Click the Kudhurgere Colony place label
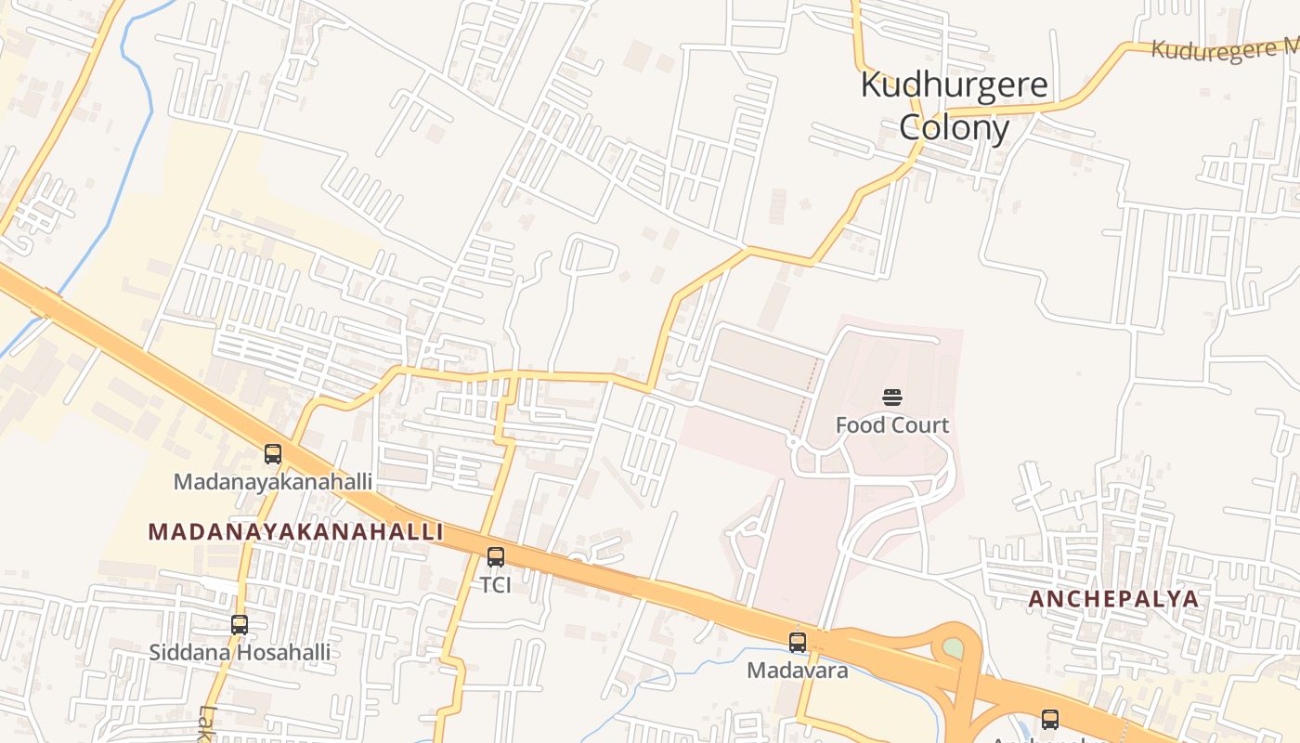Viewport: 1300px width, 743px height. (955, 105)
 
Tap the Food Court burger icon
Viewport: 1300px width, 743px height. (892, 398)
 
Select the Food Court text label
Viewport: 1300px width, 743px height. (892, 425)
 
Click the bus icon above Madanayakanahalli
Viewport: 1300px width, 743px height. (273, 454)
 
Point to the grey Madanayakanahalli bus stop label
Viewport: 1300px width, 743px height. (273, 482)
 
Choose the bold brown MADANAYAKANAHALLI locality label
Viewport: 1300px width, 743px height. (295, 532)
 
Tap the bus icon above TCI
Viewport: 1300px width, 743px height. (496, 557)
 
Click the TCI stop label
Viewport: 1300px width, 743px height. (496, 585)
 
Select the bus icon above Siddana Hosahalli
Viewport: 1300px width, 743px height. (240, 625)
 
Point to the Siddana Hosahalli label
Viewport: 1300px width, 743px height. (240, 652)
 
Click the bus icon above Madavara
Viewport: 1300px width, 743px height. (798, 642)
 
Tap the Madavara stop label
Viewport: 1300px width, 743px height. (798, 670)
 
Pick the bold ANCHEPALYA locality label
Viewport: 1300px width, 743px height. (1113, 599)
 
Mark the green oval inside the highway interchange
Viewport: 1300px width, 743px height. (954, 648)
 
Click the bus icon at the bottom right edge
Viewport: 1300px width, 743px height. (1050, 719)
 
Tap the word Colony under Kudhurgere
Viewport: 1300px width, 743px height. (954, 127)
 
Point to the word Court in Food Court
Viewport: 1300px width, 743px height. (920, 425)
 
